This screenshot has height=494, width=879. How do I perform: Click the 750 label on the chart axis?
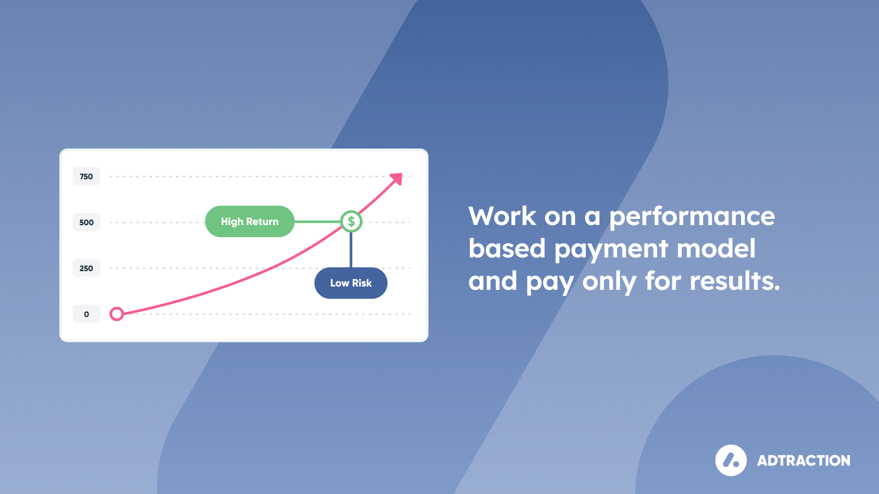[86, 176]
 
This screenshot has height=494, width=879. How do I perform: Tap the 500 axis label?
[86, 222]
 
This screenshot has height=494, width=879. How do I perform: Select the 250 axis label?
[86, 268]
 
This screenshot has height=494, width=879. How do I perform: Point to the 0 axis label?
[86, 314]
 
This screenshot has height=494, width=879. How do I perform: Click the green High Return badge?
[249, 222]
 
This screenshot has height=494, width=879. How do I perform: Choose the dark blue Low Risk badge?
[351, 283]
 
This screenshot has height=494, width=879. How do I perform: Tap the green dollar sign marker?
[351, 222]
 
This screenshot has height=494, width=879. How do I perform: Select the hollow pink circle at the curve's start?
[116, 314]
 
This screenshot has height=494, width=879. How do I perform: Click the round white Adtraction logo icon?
[731, 461]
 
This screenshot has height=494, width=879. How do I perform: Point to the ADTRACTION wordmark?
[804, 461]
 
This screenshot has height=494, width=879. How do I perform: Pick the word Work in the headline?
[502, 216]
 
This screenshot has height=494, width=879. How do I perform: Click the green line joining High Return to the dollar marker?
[318, 222]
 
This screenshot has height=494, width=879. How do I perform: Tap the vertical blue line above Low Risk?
[351, 250]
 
